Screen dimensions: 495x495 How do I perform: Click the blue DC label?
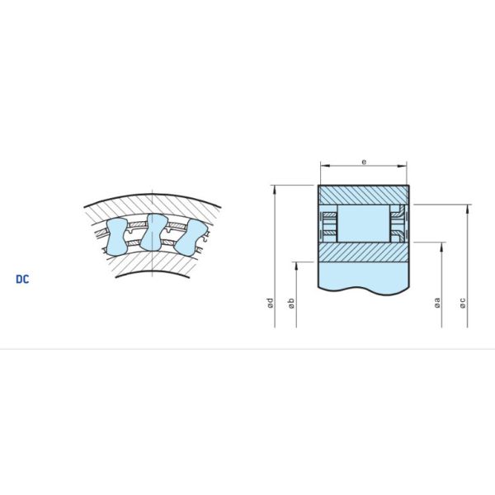click(22, 279)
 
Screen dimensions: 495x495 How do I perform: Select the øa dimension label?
click(437, 304)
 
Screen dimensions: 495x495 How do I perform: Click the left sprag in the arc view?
click(115, 237)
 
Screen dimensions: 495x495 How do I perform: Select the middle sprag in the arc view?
click(152, 232)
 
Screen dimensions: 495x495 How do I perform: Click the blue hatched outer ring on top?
click(363, 194)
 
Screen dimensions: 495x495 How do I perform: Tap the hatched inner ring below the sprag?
click(363, 252)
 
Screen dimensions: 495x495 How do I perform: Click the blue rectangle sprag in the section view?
click(363, 223)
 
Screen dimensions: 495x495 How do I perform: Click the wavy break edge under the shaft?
click(363, 289)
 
